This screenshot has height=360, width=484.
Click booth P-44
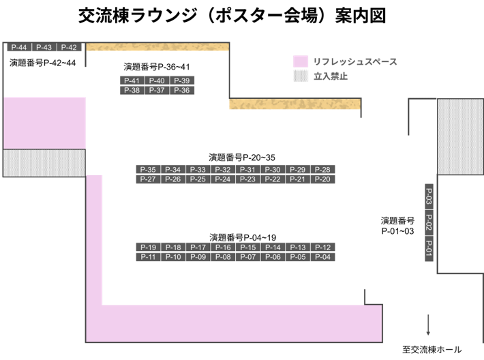pyautogui.click(x=19, y=47)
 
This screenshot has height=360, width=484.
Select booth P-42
pyautogui.click(x=69, y=47)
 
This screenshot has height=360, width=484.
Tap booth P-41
pyautogui.click(x=132, y=80)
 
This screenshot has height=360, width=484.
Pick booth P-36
pyautogui.click(x=182, y=90)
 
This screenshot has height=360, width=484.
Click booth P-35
pyautogui.click(x=148, y=170)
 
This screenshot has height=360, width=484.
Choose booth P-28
pyautogui.click(x=322, y=170)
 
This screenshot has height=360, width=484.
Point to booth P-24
pyautogui.click(x=223, y=179)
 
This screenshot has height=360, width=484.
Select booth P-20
pyautogui.click(x=322, y=179)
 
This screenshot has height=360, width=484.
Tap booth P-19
pyautogui.click(x=148, y=247)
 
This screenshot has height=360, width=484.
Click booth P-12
pyautogui.click(x=322, y=247)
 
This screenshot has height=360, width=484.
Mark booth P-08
pyautogui.click(x=223, y=257)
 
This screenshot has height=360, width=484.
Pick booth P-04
pyautogui.click(x=322, y=257)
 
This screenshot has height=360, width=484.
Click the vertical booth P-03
pyautogui.click(x=429, y=197)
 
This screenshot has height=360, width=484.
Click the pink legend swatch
pyautogui.click(x=301, y=61)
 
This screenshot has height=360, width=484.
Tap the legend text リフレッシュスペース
pyautogui.click(x=355, y=61)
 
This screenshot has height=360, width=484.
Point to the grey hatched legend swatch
pyautogui.click(x=301, y=76)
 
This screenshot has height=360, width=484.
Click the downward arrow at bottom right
pyautogui.click(x=429, y=326)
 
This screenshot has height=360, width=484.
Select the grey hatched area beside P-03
pyautogui.click(x=459, y=136)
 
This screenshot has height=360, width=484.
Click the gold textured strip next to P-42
pyautogui.click(x=157, y=47)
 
